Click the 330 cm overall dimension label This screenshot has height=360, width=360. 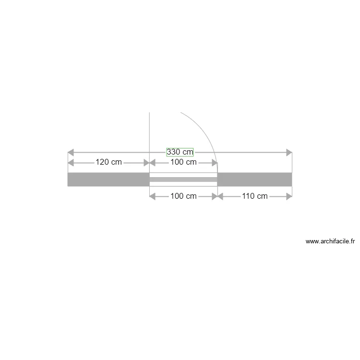180,152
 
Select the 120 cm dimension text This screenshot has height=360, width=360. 108,162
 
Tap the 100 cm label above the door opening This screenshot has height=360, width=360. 184,162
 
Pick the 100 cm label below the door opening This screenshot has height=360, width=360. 184,196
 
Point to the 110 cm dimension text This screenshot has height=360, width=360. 255,196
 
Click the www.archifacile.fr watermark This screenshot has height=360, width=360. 330,241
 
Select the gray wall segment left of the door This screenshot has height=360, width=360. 108,180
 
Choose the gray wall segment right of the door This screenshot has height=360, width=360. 255,180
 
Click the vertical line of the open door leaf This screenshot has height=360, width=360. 150,139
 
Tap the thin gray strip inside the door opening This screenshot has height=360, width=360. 184,180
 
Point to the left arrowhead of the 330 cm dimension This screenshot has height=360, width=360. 71,153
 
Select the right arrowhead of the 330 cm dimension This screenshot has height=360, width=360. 289,153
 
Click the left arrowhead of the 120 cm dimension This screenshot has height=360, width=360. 71,162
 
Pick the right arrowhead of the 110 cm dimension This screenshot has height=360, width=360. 289,196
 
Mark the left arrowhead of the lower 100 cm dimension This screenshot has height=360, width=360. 153,196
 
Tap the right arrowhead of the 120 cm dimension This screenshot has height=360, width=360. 146,162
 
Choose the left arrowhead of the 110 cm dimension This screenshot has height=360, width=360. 221,196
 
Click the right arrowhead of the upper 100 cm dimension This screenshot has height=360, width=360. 215,162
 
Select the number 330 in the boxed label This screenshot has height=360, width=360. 174,152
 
